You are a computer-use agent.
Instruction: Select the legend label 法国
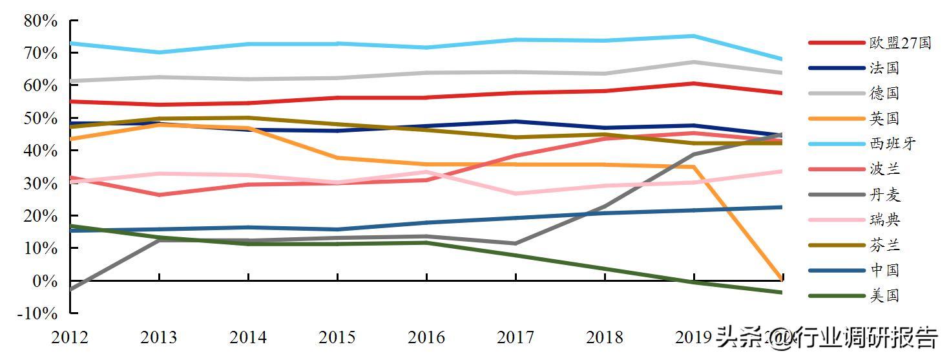coord(884,69)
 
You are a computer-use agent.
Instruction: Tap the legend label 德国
coord(884,94)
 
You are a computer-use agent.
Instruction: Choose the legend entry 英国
coord(884,119)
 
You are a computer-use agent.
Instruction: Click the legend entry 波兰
coord(884,170)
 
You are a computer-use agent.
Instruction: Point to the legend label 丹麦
coord(884,195)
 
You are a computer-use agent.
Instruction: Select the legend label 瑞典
coord(884,220)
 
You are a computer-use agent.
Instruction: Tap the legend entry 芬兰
coord(884,246)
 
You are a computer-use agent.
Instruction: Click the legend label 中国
coord(884,271)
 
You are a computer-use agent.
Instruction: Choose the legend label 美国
coord(884,296)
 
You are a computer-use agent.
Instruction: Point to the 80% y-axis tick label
coord(41,21)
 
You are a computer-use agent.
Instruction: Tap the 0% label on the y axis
coord(45,281)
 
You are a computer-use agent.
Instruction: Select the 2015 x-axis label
coord(337,337)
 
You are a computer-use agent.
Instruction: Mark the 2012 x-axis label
coord(70,337)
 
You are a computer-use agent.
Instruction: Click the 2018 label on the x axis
coord(605,337)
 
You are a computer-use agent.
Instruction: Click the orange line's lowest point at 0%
coord(782,278)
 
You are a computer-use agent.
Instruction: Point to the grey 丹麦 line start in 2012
coord(70,289)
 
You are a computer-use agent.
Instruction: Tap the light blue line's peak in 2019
coord(694,36)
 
